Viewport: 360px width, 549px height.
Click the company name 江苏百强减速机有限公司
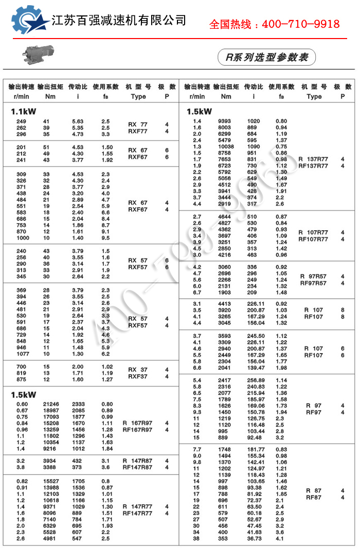119,21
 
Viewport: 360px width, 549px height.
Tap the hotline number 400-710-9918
274,24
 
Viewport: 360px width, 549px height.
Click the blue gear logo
29,21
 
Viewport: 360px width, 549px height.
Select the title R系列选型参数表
266,57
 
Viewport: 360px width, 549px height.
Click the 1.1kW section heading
24,111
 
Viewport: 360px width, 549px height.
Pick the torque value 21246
50,404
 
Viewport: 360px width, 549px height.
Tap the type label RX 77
137,124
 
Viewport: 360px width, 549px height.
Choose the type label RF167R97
137,430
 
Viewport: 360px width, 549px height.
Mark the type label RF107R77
313,239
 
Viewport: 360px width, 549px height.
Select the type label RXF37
137,376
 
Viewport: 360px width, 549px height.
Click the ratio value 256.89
255,380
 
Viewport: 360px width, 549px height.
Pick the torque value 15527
50,480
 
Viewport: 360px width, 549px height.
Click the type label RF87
313,497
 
